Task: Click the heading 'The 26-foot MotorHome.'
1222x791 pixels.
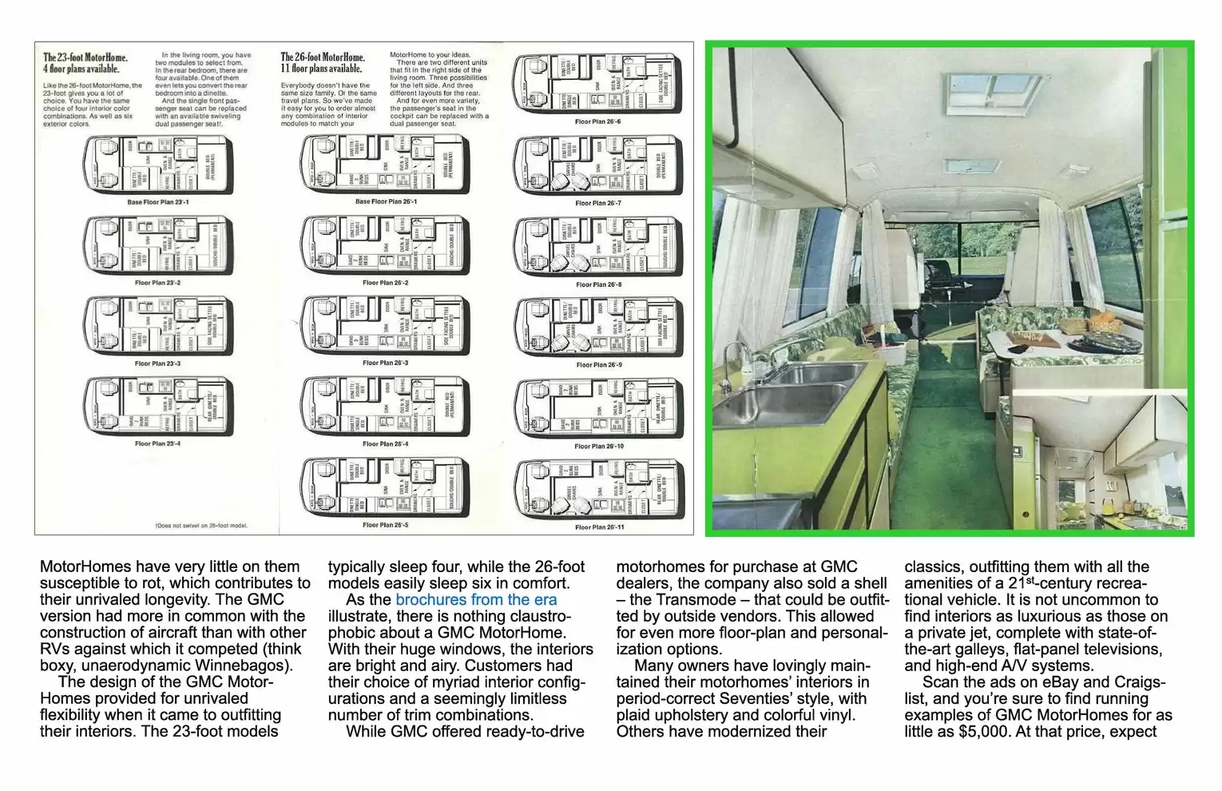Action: point(323,58)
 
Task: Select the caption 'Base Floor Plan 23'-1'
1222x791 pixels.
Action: point(158,203)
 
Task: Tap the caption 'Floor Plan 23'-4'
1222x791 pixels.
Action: point(157,443)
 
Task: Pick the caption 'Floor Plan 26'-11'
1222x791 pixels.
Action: point(599,527)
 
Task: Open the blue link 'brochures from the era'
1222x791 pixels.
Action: point(476,600)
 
